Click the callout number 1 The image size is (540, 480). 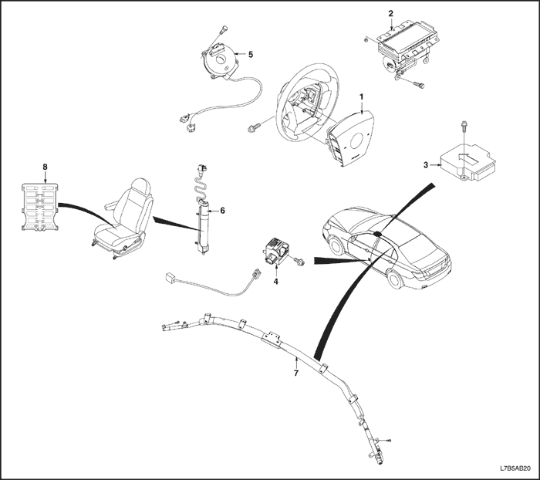359,96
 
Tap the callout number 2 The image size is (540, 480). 390,14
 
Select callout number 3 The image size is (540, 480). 425,164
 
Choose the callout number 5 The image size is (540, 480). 250,54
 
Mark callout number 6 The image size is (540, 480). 223,209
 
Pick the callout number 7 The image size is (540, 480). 296,373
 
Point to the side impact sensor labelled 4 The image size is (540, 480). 276,251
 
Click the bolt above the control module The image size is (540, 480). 462,126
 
